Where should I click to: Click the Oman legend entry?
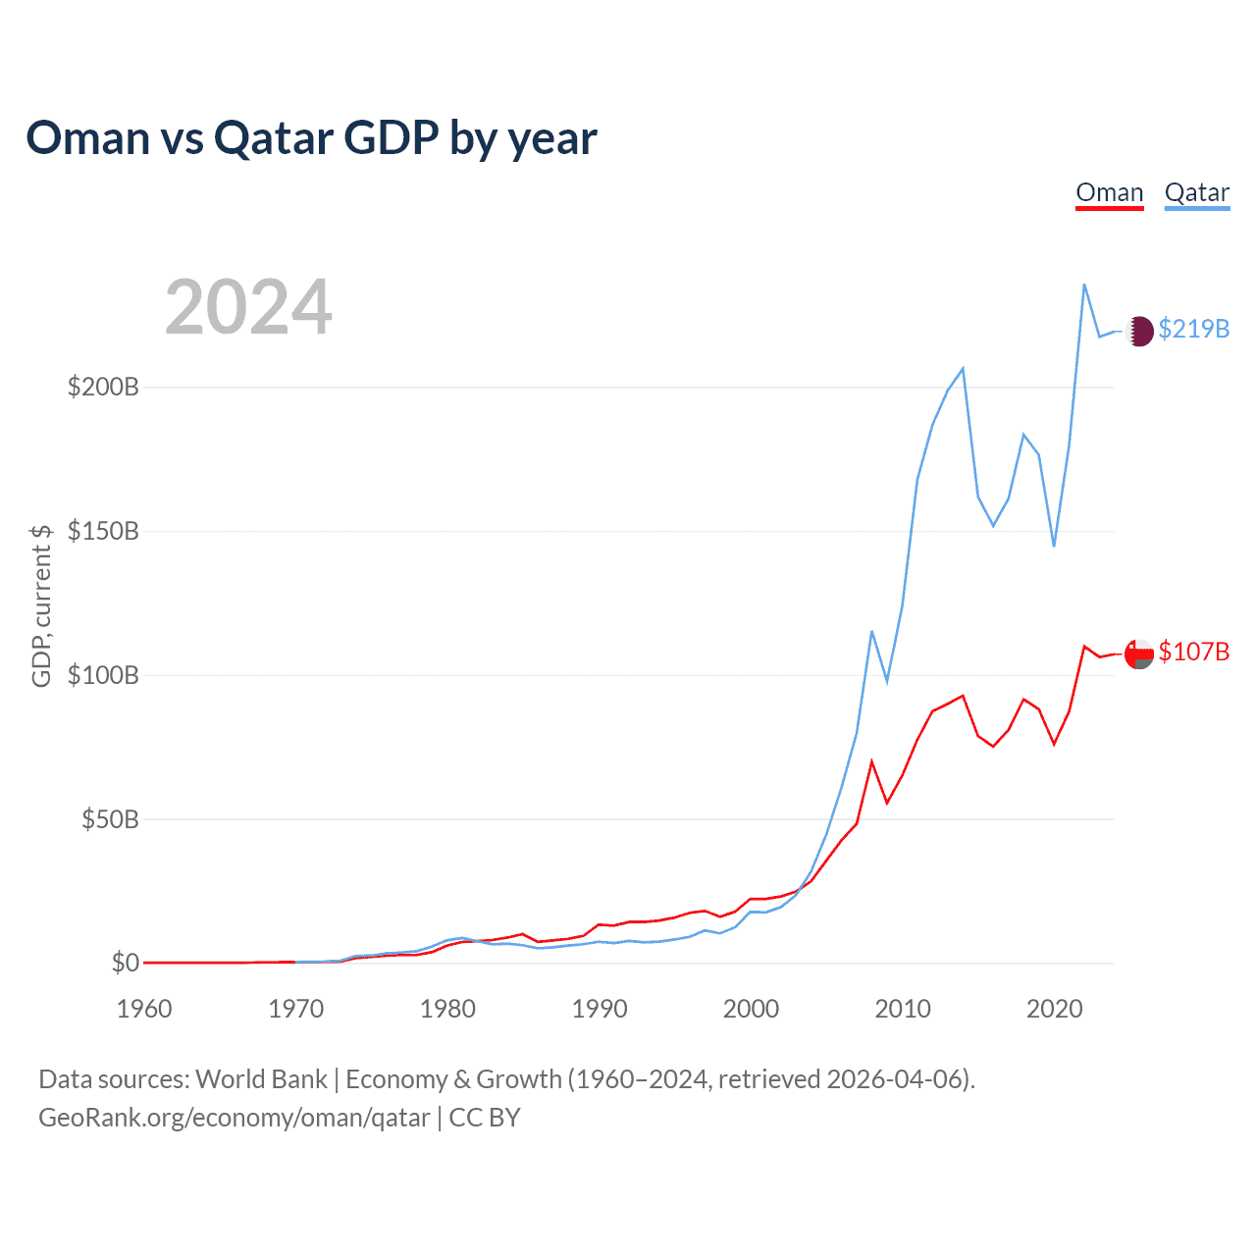click(1110, 193)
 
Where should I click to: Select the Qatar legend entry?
click(1197, 193)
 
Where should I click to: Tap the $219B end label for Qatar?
click(1193, 329)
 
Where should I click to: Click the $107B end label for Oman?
click(1193, 652)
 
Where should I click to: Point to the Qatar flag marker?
click(1139, 332)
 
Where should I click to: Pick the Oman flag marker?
click(1139, 654)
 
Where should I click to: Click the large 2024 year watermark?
click(248, 307)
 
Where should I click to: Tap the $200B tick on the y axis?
click(103, 387)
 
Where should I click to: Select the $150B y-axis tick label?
click(103, 531)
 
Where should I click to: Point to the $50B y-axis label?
click(110, 819)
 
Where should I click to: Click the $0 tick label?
click(125, 963)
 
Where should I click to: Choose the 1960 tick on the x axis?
click(144, 1009)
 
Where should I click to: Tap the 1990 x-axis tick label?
click(600, 1009)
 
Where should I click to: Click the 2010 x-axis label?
click(903, 1009)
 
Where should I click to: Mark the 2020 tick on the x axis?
click(1055, 1009)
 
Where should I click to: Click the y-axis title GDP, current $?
click(41, 605)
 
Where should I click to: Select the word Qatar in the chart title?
click(274, 138)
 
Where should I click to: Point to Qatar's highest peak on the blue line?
click(1084, 285)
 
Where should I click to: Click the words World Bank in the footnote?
click(261, 1079)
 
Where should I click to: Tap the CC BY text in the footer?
click(485, 1118)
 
